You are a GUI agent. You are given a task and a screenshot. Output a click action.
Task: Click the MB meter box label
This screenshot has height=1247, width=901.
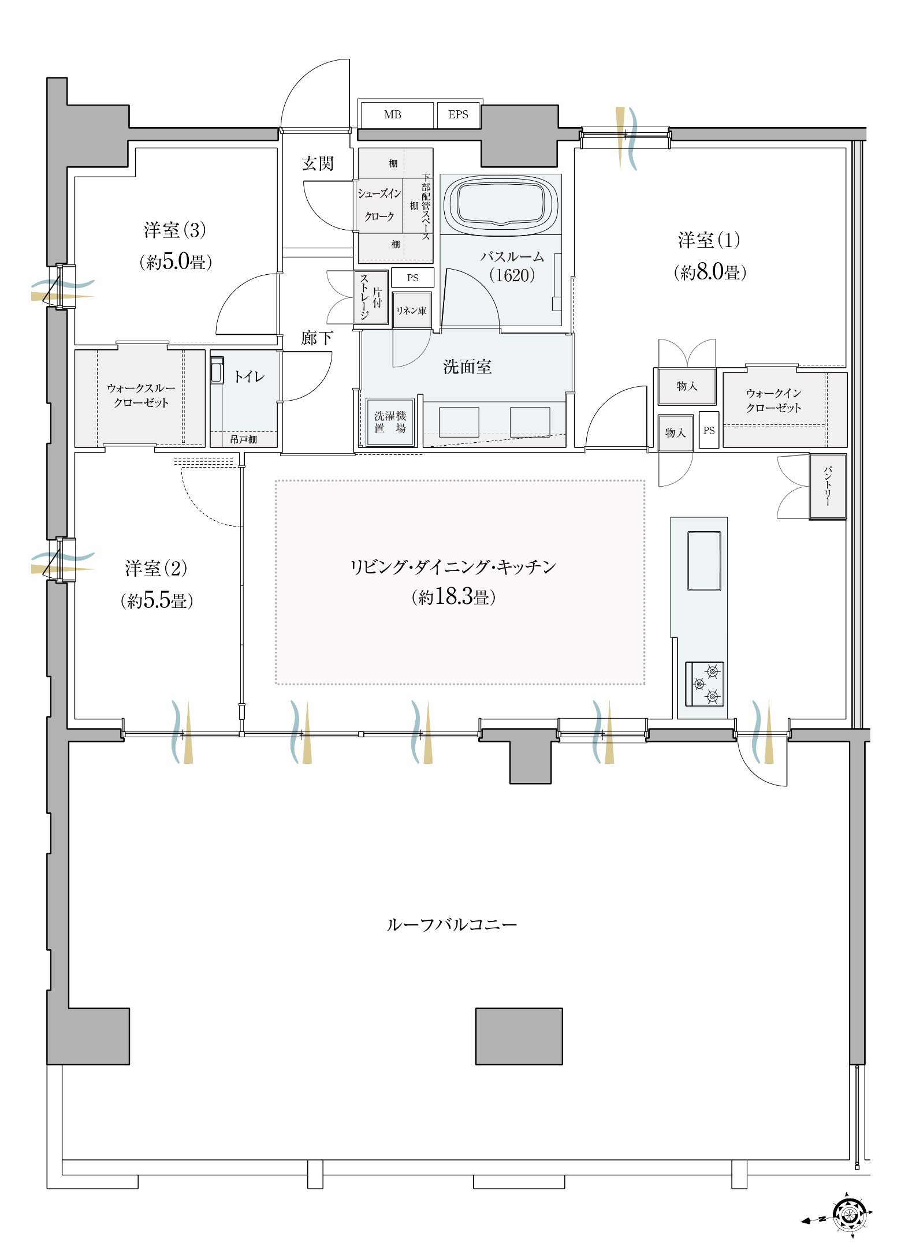(392, 114)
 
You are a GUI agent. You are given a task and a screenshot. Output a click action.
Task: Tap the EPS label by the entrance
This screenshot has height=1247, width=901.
(458, 114)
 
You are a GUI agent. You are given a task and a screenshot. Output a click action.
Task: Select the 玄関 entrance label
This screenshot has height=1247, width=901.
(318, 163)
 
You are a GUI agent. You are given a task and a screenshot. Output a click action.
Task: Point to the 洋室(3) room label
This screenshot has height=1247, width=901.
(175, 230)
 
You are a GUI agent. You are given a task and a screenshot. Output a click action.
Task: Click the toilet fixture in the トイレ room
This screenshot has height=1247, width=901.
(217, 370)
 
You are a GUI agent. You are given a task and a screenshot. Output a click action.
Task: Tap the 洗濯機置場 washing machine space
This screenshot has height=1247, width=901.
(390, 422)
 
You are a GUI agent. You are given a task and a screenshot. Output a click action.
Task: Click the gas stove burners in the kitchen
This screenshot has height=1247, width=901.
(705, 684)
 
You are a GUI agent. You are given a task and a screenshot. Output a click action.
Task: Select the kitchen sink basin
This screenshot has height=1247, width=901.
(704, 561)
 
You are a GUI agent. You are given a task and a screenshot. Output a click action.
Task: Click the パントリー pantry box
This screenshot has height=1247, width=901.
(828, 487)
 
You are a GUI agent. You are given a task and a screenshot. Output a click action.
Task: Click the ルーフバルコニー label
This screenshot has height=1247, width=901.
(452, 925)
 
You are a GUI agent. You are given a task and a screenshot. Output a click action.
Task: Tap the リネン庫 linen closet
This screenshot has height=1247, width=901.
(411, 310)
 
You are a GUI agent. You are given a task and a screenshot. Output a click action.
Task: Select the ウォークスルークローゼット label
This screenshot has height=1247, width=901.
(141, 395)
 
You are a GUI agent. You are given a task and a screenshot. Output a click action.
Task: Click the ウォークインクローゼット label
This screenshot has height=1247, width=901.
(773, 400)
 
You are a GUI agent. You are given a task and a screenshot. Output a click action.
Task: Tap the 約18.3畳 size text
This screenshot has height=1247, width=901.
(453, 596)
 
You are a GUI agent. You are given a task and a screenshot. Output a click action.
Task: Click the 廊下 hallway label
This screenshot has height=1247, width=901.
(317, 338)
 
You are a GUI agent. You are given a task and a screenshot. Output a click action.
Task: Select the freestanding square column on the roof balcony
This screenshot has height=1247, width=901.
(519, 1036)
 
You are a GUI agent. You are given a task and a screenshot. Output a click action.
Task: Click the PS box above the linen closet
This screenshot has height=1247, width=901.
(412, 278)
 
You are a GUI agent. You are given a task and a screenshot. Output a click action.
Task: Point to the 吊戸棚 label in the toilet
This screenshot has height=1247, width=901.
(243, 439)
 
